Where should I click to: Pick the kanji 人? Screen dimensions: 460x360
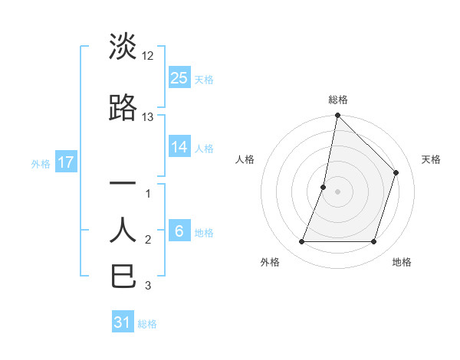[123, 230]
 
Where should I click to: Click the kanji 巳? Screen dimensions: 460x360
[123, 276]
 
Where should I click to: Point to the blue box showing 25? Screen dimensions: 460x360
[179, 77]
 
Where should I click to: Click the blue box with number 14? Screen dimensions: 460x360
[179, 147]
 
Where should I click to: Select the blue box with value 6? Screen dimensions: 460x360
[179, 231]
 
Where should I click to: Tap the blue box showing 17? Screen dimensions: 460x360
[65, 162]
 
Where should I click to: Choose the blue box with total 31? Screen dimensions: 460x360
[123, 322]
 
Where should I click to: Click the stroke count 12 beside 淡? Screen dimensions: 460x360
[148, 56]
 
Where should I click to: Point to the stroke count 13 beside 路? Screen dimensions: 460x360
[148, 117]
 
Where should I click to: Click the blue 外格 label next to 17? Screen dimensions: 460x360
[41, 163]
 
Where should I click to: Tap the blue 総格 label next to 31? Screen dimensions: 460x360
[147, 324]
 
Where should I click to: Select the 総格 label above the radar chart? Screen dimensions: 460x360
[337, 100]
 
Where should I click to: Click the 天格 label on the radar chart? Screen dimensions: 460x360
[431, 159]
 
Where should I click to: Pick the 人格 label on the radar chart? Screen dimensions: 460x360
[245, 159]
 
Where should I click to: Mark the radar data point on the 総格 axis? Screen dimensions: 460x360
[337, 116]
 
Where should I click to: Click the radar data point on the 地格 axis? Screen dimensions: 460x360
[373, 241]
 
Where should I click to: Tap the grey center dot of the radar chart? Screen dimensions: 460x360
[337, 191]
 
